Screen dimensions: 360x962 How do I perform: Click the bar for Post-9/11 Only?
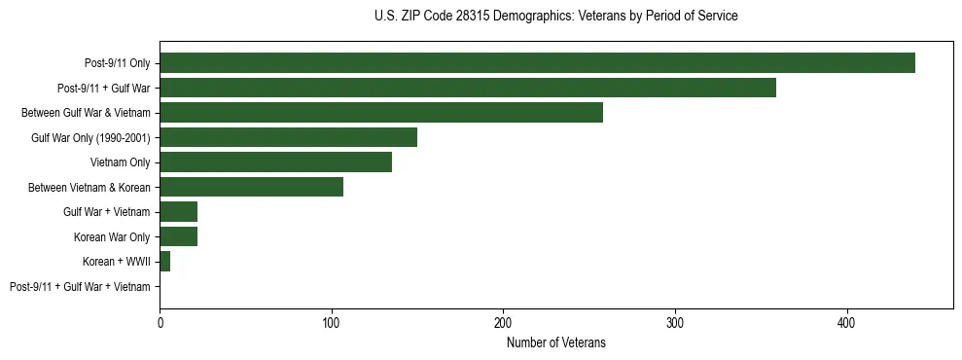(x=537, y=63)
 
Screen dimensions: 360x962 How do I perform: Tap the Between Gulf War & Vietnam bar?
(x=381, y=113)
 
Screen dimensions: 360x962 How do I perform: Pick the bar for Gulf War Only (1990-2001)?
(x=288, y=137)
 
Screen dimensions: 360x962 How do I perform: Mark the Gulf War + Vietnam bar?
(x=178, y=212)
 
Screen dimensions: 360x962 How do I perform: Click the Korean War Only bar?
(x=178, y=236)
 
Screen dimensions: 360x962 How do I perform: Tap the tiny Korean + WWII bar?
(x=164, y=262)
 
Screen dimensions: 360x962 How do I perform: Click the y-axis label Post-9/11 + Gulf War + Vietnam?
(x=80, y=287)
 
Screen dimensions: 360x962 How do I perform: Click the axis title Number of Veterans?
(x=556, y=342)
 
